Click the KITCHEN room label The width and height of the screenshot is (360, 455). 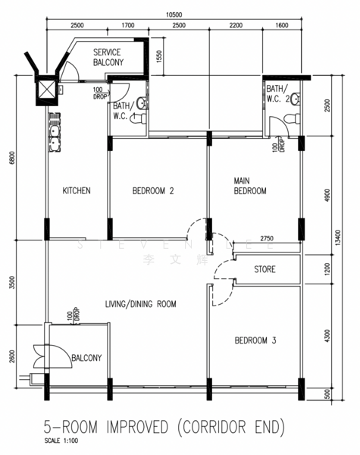coord(77,191)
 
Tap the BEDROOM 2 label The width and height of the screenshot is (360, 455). coord(153,191)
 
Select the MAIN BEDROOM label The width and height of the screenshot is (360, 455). coord(249,186)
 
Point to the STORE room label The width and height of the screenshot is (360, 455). coord(265,269)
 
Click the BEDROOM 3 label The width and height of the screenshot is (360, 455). coord(255,340)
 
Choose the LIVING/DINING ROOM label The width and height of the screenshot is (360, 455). coord(140,304)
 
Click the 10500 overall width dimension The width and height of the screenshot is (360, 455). coord(174,14)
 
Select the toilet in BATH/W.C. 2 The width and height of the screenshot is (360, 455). coord(295,99)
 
